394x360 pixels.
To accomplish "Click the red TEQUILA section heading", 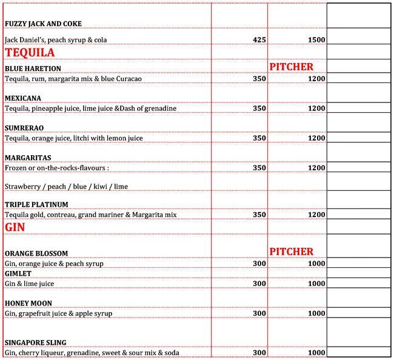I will pos(30,53).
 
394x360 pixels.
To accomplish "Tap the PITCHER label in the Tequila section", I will pos(292,66).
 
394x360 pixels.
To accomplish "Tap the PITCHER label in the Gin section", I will pos(292,252).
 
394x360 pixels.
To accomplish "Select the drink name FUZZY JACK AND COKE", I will pos(43,24).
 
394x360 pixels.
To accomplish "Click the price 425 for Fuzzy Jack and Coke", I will pos(259,40).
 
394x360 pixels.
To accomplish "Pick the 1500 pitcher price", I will pos(316,40).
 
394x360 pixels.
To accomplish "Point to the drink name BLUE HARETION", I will pos(33,68).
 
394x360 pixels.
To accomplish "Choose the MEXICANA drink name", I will pos(23,98).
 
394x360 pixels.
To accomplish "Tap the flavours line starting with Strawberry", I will pos(66,186).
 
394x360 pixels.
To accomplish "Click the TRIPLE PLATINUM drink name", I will pos(36,205).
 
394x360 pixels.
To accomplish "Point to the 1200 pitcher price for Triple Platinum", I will pos(316,215).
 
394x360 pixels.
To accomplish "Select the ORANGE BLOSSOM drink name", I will pos(36,253).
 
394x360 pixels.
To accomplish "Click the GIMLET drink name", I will pos(18,273).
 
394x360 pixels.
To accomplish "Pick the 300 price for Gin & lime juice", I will pos(259,284).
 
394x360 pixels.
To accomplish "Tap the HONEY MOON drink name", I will pos(28,303).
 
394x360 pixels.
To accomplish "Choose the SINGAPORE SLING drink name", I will pos(35,342).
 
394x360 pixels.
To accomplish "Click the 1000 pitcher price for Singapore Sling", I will pos(316,353).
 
